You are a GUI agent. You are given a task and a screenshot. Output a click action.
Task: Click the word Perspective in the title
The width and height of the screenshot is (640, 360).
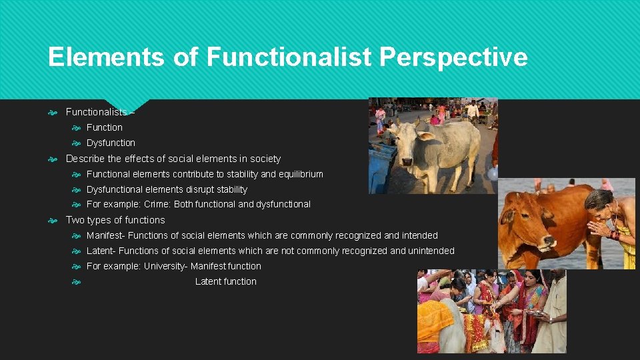[453, 57]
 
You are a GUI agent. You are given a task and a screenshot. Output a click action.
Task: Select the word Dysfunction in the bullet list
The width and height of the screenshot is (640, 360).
[111, 143]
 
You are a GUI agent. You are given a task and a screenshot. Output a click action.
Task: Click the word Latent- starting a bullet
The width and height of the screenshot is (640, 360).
[101, 251]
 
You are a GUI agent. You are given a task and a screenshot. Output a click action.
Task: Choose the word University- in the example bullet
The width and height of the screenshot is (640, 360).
[166, 266]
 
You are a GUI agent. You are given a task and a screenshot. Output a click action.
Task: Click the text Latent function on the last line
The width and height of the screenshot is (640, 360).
[225, 281]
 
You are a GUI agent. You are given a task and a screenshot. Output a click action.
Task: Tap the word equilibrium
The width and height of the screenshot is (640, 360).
[301, 174]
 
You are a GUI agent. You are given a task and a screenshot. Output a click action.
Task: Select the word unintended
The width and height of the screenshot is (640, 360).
[431, 251]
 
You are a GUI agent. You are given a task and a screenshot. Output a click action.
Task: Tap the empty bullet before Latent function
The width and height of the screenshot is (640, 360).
[76, 281]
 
